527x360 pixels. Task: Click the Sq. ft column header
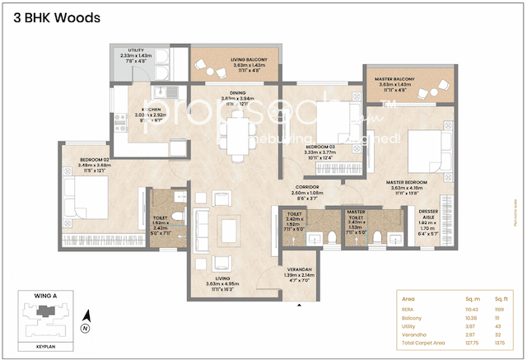click(499, 297)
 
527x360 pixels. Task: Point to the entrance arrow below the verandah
click(298, 304)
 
